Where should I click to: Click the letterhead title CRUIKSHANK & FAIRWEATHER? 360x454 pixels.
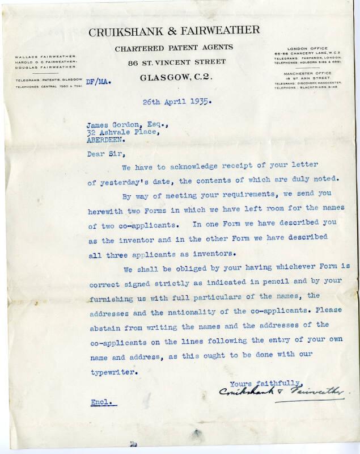tap(174, 31)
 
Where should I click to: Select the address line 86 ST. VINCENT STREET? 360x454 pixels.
tap(177, 62)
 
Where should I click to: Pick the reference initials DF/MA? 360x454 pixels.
tap(98, 82)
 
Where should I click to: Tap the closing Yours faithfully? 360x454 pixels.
tap(266, 382)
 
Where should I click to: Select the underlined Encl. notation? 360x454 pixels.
tap(103, 402)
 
